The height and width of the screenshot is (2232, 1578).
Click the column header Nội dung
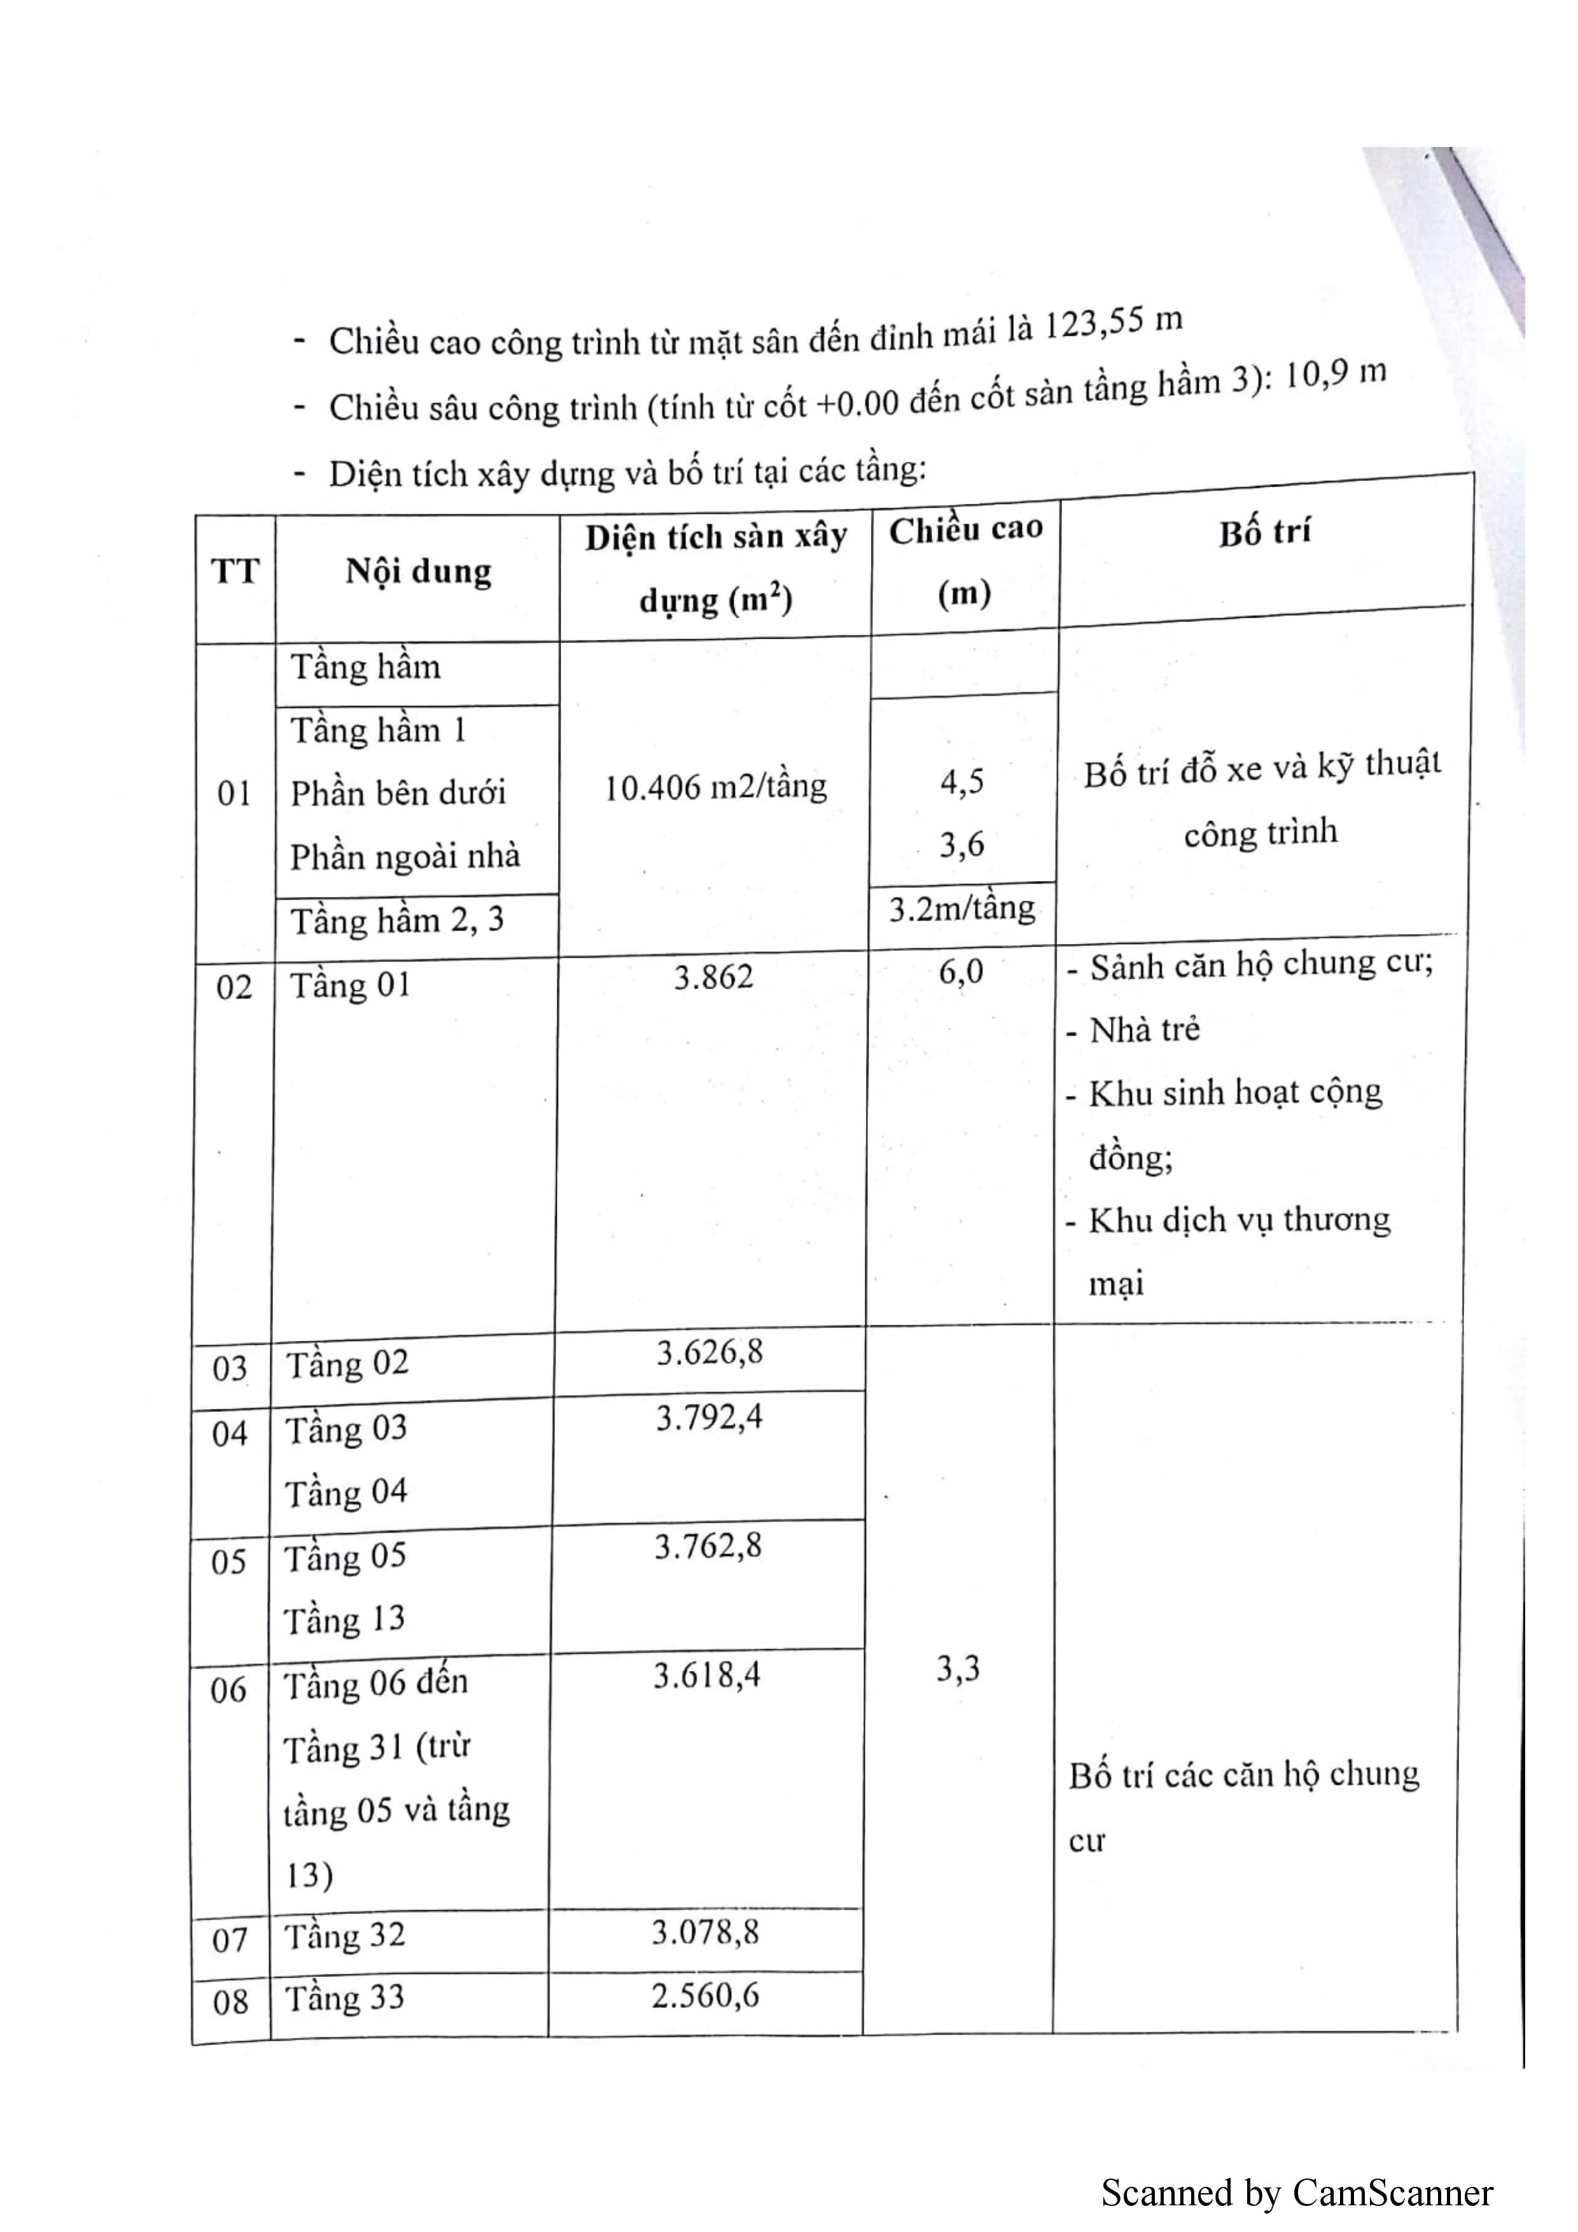(418, 572)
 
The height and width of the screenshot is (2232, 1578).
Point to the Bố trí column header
(1265, 533)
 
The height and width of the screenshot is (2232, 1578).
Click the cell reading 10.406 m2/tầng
(716, 786)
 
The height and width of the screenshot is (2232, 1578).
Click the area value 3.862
(714, 977)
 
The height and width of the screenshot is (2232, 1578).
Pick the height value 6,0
(961, 971)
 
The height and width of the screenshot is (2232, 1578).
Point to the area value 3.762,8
(708, 1546)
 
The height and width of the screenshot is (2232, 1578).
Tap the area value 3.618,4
(707, 1675)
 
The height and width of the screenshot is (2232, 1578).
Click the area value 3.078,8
(705, 1932)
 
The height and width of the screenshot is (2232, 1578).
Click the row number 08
(230, 2002)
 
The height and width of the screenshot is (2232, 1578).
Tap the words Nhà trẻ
(1144, 1029)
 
